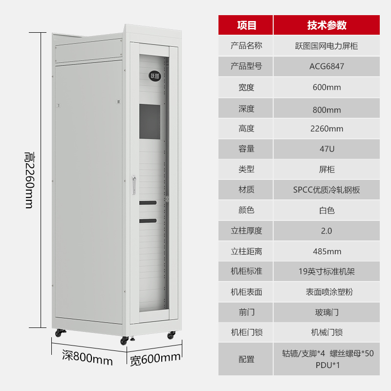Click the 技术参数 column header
326,25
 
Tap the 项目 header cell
246,25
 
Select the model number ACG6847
326,66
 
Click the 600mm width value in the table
326,87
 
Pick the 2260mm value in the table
326,129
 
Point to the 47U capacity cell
326,149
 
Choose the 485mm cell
326,251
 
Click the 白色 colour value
326,211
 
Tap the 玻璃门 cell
326,312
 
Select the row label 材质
246,190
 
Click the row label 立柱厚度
246,231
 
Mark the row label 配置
246,359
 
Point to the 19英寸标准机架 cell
326,271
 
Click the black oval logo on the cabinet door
155,76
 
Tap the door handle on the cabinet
134,185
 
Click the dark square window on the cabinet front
150,122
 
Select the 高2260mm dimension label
30,180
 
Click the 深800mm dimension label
87,357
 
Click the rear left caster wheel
59,333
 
